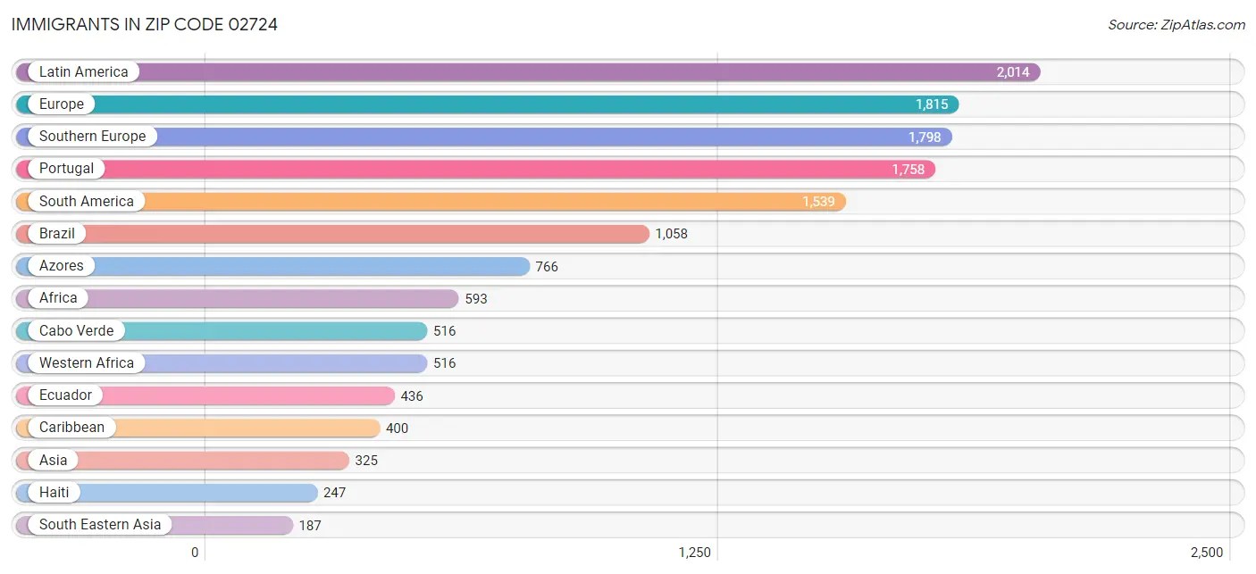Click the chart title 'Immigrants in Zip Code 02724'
tap(145, 24)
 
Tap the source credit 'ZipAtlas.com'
tap(1176, 25)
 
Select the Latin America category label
tap(83, 72)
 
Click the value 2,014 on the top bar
tap(1013, 72)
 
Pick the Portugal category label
tap(66, 169)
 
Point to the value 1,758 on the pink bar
tap(908, 170)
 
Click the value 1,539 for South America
tap(818, 202)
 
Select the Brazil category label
tap(57, 234)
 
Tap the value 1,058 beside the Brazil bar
tap(671, 234)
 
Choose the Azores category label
tap(61, 266)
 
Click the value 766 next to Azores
tap(547, 267)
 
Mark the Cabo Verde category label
tap(76, 331)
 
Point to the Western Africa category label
tap(86, 363)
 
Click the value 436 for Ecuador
tap(412, 396)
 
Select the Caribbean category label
tap(71, 428)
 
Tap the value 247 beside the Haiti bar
tap(334, 493)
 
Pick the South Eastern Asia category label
tap(100, 525)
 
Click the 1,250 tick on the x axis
tap(694, 553)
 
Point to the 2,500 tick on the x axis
tap(1206, 553)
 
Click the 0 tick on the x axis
tap(195, 553)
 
